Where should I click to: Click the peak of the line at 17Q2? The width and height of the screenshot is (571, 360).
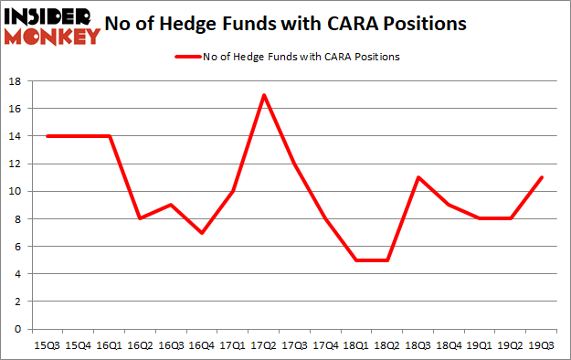263,95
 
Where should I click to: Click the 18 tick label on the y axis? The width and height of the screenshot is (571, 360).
16,81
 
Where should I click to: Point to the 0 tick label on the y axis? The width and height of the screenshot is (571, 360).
18,329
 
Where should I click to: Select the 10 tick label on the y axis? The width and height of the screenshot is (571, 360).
16,191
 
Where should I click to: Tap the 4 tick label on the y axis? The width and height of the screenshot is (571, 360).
18,274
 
